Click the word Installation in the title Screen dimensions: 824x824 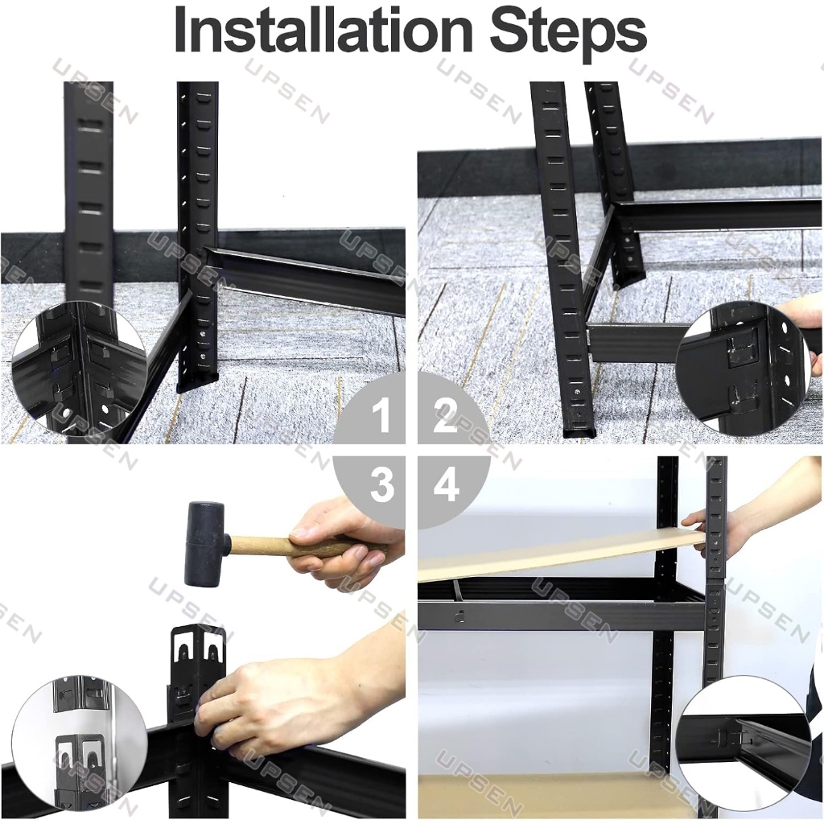tap(323, 30)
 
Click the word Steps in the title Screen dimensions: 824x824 tap(568, 30)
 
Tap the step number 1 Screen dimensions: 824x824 tap(381, 416)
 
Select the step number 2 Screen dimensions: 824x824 tap(444, 416)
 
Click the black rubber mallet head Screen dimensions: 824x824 tap(205, 544)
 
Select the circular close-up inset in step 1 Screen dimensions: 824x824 tap(79, 369)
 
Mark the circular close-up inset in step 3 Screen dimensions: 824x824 tap(79, 745)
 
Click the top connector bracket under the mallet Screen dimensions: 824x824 tap(199, 650)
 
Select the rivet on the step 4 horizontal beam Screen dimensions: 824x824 tap(459, 614)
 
